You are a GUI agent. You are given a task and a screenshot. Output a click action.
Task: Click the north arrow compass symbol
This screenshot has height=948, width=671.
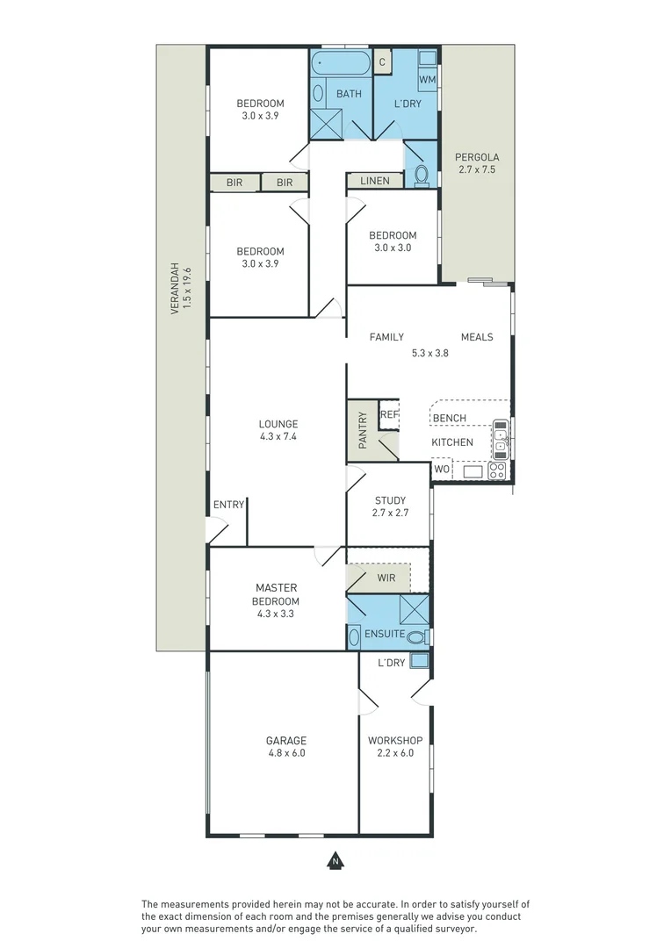click(335, 861)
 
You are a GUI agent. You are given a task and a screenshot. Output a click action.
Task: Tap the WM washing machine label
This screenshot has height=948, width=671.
click(427, 80)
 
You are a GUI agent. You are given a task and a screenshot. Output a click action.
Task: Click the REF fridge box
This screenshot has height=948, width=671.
click(389, 414)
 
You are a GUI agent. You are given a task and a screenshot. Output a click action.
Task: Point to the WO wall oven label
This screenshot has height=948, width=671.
click(442, 470)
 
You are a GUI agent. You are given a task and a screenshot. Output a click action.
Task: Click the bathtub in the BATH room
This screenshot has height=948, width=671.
click(343, 63)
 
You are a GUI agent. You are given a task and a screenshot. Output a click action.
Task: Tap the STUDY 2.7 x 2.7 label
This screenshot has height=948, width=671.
click(390, 506)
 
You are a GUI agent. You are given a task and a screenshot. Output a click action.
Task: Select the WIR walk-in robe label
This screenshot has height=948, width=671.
click(386, 578)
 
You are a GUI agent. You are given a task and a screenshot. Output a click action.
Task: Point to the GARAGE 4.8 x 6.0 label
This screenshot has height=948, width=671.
click(287, 746)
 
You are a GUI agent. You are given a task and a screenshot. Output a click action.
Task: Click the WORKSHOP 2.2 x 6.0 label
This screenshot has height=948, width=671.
click(395, 746)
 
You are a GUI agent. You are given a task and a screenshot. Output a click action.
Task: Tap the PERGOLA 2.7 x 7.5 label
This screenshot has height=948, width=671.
click(476, 163)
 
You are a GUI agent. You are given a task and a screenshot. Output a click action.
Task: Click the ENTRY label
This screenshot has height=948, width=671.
click(228, 505)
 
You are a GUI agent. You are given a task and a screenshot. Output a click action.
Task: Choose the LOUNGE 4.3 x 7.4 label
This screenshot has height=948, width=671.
click(278, 429)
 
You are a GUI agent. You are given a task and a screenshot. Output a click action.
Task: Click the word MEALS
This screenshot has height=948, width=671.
click(477, 337)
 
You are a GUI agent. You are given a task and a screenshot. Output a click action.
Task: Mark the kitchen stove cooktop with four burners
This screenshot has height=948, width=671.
click(496, 470)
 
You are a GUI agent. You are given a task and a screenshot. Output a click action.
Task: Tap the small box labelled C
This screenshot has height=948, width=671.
click(382, 61)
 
